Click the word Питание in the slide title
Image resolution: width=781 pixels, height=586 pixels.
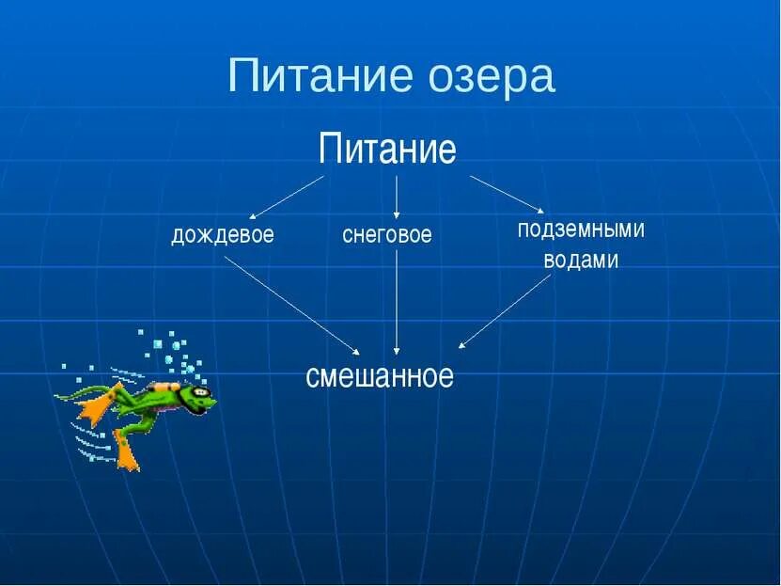click(x=311, y=76)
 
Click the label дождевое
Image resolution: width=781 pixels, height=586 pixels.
click(x=223, y=235)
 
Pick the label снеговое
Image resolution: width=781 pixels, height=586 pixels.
click(x=387, y=235)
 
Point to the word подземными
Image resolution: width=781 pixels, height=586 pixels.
click(x=581, y=230)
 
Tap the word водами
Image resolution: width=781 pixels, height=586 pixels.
click(x=581, y=261)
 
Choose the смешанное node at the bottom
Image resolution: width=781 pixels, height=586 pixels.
click(x=380, y=376)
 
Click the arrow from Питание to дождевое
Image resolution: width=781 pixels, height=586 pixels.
click(x=287, y=197)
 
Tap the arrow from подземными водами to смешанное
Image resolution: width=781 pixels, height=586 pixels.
click(x=505, y=311)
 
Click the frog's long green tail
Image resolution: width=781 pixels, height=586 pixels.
click(x=75, y=393)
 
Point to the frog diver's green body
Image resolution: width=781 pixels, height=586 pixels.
click(x=150, y=402)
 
